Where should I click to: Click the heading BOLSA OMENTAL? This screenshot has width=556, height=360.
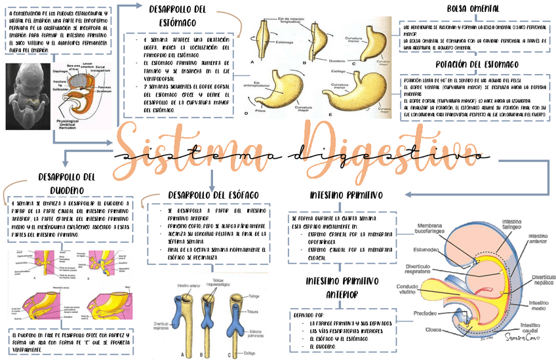click(x=473, y=9)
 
